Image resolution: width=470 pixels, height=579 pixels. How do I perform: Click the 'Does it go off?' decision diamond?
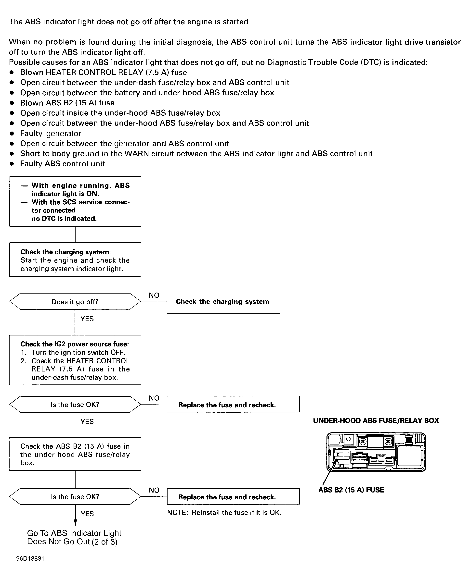click(x=75, y=301)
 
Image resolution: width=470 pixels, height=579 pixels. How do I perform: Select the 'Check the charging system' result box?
click(x=223, y=301)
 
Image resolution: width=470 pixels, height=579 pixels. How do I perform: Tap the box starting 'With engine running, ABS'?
click(x=75, y=201)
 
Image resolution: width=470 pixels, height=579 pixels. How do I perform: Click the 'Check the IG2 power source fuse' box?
click(x=75, y=360)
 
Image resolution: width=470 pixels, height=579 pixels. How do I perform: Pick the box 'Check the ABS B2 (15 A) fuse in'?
click(x=75, y=454)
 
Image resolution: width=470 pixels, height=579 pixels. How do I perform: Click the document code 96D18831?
click(x=30, y=559)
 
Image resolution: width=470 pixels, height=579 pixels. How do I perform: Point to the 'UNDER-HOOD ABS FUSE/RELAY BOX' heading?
click(x=376, y=420)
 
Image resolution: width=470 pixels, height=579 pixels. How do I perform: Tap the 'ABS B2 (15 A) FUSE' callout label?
click(x=351, y=490)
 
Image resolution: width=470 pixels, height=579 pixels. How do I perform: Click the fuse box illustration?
click(x=376, y=452)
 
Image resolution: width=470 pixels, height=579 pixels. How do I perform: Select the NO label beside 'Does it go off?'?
click(x=154, y=295)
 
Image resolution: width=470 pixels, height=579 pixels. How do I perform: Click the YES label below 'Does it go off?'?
click(x=87, y=319)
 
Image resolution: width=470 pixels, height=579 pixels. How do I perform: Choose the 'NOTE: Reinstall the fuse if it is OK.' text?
click(x=224, y=512)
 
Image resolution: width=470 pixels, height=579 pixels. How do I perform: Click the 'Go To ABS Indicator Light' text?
click(x=74, y=533)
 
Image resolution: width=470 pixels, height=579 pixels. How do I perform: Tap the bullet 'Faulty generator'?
click(x=51, y=133)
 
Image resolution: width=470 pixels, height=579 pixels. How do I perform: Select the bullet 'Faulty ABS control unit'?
click(x=63, y=164)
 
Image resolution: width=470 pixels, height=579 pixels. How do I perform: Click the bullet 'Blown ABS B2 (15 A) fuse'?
click(x=67, y=103)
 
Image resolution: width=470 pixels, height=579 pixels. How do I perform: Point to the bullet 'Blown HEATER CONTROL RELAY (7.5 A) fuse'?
click(x=104, y=72)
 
